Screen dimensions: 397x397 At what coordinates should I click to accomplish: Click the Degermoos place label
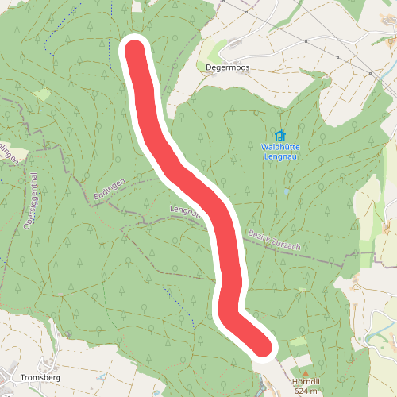click(227, 67)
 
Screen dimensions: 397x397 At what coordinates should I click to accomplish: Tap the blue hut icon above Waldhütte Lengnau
click(279, 135)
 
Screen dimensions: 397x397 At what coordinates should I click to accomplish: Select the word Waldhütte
click(279, 146)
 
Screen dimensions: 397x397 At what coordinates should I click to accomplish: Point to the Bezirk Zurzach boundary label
click(274, 240)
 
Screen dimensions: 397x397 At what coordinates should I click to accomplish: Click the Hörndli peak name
click(304, 382)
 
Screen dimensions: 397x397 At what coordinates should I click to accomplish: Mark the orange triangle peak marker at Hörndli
click(303, 372)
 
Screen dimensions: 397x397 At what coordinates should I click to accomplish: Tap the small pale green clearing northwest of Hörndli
click(297, 341)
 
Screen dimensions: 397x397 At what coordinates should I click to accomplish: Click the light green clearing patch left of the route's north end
click(42, 94)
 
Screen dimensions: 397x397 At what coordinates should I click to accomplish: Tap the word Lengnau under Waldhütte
click(279, 156)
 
